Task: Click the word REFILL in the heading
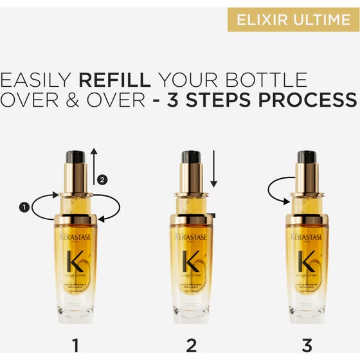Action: pos(114,81)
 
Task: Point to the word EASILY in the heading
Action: pos(36,81)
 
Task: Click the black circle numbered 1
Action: pos(24,206)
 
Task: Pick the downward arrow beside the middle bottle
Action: pos(213,168)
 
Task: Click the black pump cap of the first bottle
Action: pos(76,156)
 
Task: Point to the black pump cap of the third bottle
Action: pos(307,156)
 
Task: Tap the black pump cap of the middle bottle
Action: pos(192,156)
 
